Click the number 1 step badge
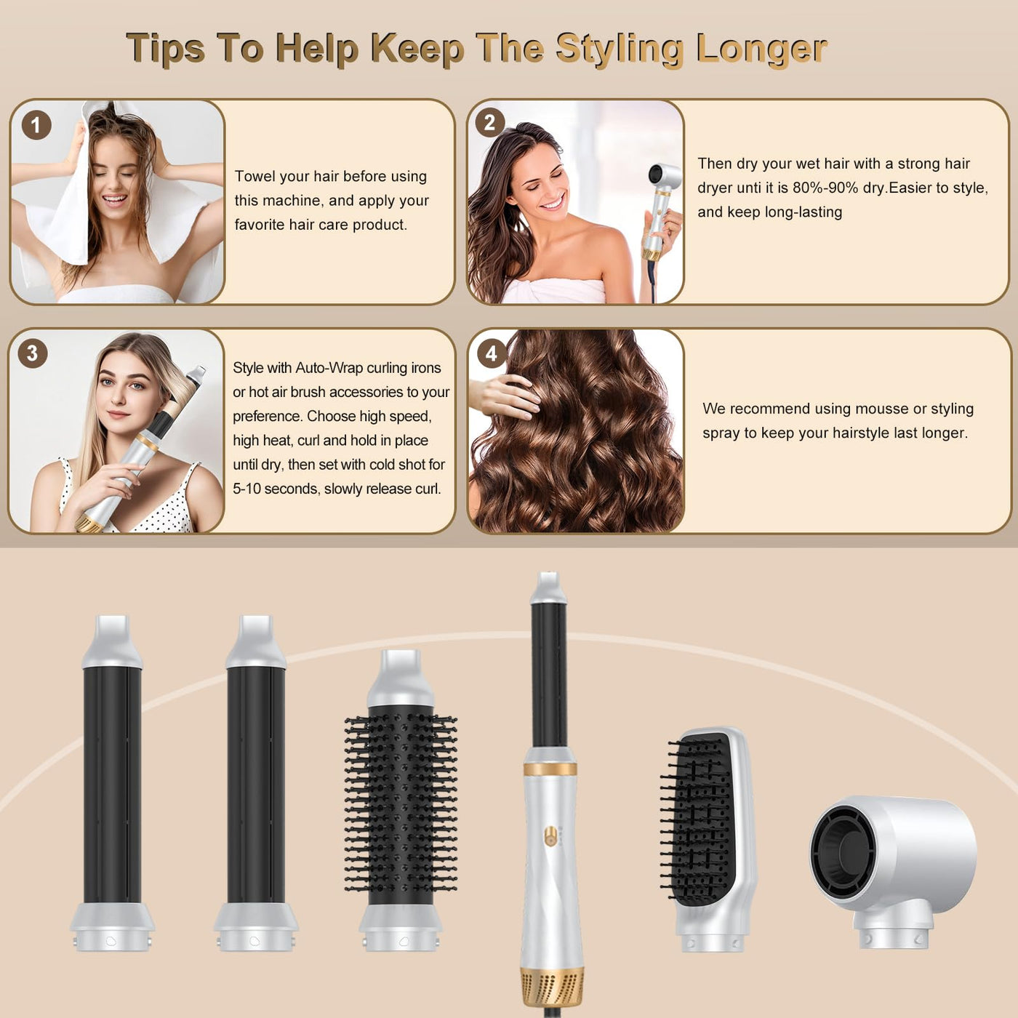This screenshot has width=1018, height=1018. (x=36, y=125)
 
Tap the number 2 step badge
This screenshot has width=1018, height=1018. (x=489, y=123)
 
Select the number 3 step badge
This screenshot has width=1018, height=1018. (x=33, y=353)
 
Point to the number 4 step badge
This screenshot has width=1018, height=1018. (x=492, y=353)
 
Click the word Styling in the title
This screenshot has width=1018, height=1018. (x=619, y=49)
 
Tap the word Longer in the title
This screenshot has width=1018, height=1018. (x=761, y=49)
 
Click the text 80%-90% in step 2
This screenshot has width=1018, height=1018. (x=826, y=188)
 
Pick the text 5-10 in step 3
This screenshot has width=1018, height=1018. (x=247, y=489)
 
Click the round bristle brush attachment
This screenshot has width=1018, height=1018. (x=401, y=800)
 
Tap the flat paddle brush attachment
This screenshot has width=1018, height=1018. (x=708, y=839)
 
